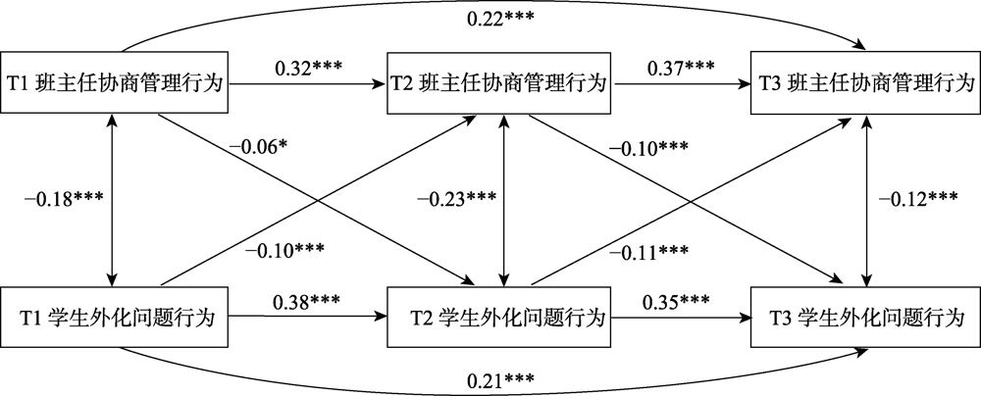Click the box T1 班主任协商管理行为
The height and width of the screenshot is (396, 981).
117,82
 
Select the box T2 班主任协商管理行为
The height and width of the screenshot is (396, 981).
503,82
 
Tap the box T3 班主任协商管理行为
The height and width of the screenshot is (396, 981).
864,82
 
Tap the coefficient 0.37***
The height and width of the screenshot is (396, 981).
679,70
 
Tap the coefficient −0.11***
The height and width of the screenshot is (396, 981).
647,252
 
